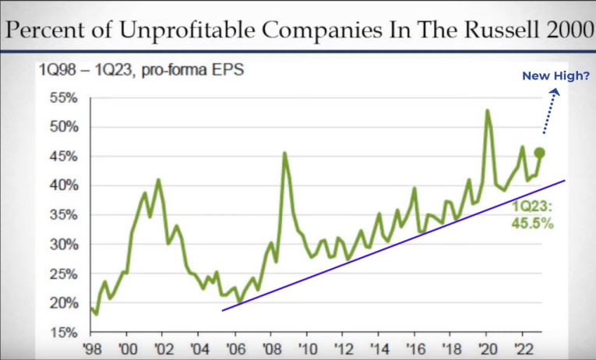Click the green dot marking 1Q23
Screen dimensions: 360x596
539,153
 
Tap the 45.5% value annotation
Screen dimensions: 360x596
532,223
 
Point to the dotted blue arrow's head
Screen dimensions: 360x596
555,93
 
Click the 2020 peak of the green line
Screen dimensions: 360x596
488,111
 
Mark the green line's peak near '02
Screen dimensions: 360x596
158,180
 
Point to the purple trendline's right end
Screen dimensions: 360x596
563,180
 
